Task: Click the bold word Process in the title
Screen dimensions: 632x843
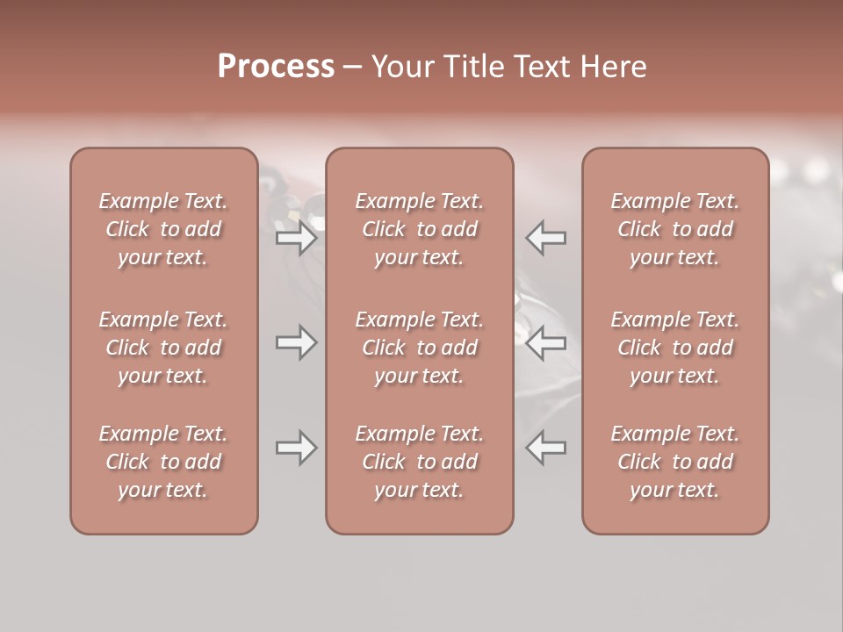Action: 276,66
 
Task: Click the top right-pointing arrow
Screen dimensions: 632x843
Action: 296,237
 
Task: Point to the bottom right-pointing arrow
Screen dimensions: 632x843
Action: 296,448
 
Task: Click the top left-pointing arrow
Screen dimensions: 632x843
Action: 546,237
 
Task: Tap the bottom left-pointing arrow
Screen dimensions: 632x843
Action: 546,448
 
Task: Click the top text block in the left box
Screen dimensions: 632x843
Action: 163,229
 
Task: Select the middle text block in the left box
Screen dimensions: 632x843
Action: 163,348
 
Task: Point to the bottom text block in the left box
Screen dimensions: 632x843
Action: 163,462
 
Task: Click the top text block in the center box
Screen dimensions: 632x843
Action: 420,229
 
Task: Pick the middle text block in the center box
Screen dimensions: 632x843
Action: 420,348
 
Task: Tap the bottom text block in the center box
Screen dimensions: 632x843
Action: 420,462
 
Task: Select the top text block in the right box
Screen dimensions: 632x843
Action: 675,229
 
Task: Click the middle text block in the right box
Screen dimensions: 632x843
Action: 675,348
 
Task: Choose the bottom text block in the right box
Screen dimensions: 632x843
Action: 675,462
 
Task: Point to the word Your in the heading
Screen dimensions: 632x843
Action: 400,66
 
